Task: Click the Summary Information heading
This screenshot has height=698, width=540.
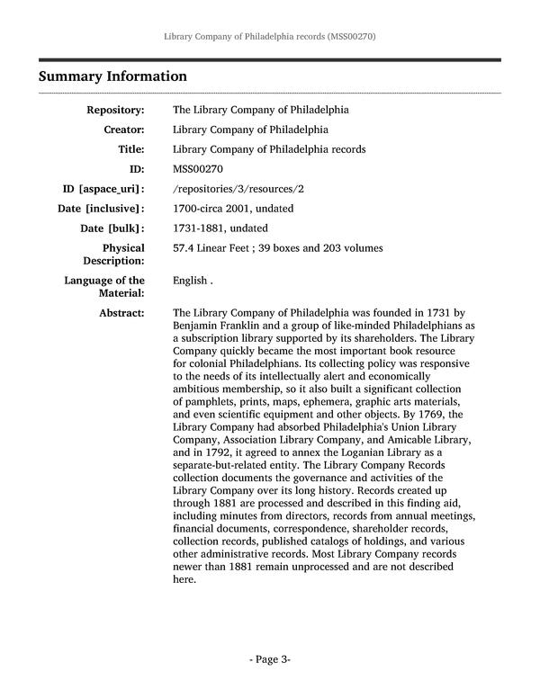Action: point(112,76)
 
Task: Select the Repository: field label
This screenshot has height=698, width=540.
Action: point(115,110)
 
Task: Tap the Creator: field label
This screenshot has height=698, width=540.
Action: point(122,130)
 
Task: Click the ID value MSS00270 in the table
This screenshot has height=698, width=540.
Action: point(198,169)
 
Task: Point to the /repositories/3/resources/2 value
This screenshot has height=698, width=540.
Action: point(238,189)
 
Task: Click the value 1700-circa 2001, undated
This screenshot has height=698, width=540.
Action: point(233,209)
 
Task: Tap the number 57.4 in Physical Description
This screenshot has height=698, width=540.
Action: point(184,248)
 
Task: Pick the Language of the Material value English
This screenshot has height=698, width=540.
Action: point(190,281)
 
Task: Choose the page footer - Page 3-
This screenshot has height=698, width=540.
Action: point(269,659)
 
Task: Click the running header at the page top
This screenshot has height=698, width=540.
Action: point(269,37)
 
